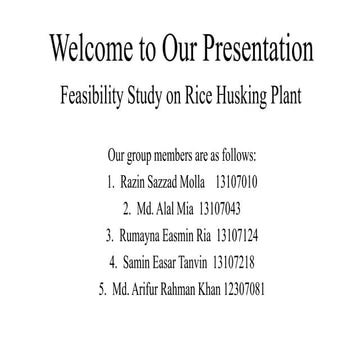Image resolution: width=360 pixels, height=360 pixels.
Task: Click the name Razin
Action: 139,183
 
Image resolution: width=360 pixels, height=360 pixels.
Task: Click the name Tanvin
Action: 186,263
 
